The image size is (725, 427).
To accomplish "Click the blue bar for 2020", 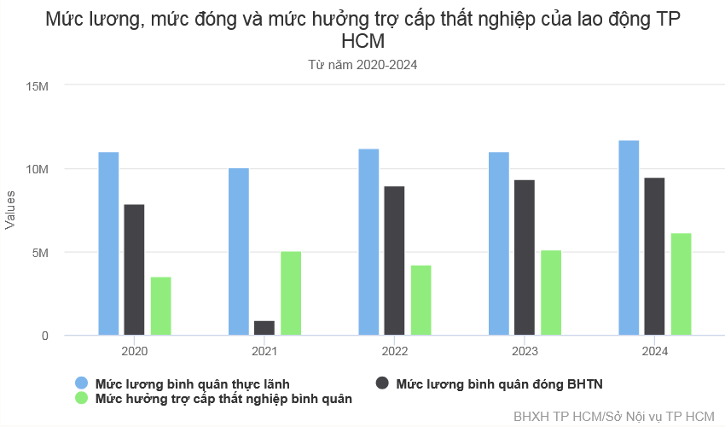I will click(x=108, y=243).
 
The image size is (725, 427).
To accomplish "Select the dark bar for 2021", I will click(x=264, y=328).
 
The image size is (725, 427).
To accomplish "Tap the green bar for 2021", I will click(x=291, y=293).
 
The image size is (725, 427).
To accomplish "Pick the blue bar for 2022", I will click(x=368, y=242).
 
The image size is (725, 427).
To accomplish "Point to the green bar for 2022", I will click(x=420, y=300).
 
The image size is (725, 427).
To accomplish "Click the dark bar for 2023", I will click(x=525, y=257).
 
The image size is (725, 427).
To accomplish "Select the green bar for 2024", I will click(x=681, y=284).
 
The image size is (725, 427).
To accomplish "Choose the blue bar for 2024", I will click(x=629, y=237).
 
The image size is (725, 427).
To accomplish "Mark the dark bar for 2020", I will click(x=134, y=270).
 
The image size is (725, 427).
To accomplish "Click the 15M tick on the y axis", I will click(x=38, y=86).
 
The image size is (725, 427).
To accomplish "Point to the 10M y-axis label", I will click(x=38, y=169).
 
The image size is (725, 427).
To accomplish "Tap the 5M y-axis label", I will click(x=41, y=253).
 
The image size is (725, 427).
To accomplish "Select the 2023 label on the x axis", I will click(x=525, y=351).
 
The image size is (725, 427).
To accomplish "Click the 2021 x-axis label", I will click(x=264, y=351).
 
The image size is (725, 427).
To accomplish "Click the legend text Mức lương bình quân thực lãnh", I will click(x=198, y=383).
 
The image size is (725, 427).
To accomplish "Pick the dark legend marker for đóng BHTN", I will click(x=382, y=383).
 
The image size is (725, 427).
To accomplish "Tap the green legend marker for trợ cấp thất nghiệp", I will click(x=82, y=398).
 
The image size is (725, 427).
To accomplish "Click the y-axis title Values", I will click(x=11, y=209).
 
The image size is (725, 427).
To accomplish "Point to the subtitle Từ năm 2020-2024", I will click(x=362, y=64).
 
